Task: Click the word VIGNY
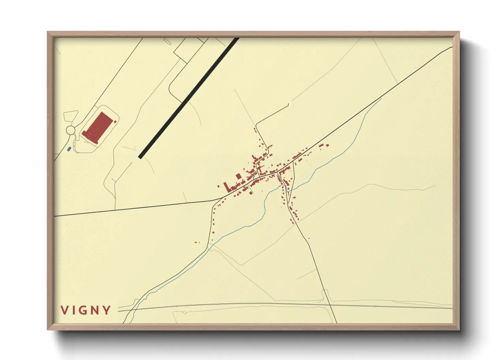(86, 310)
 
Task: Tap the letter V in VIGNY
(64, 310)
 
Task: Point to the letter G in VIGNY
(83, 310)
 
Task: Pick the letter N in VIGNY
(94, 310)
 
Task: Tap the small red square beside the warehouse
(115, 121)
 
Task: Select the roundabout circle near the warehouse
(70, 130)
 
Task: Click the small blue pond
(69, 149)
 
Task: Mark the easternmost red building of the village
(328, 145)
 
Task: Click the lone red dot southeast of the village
(309, 238)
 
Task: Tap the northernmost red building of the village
(255, 129)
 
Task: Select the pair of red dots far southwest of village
(196, 242)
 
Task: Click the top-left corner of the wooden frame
(48, 32)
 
